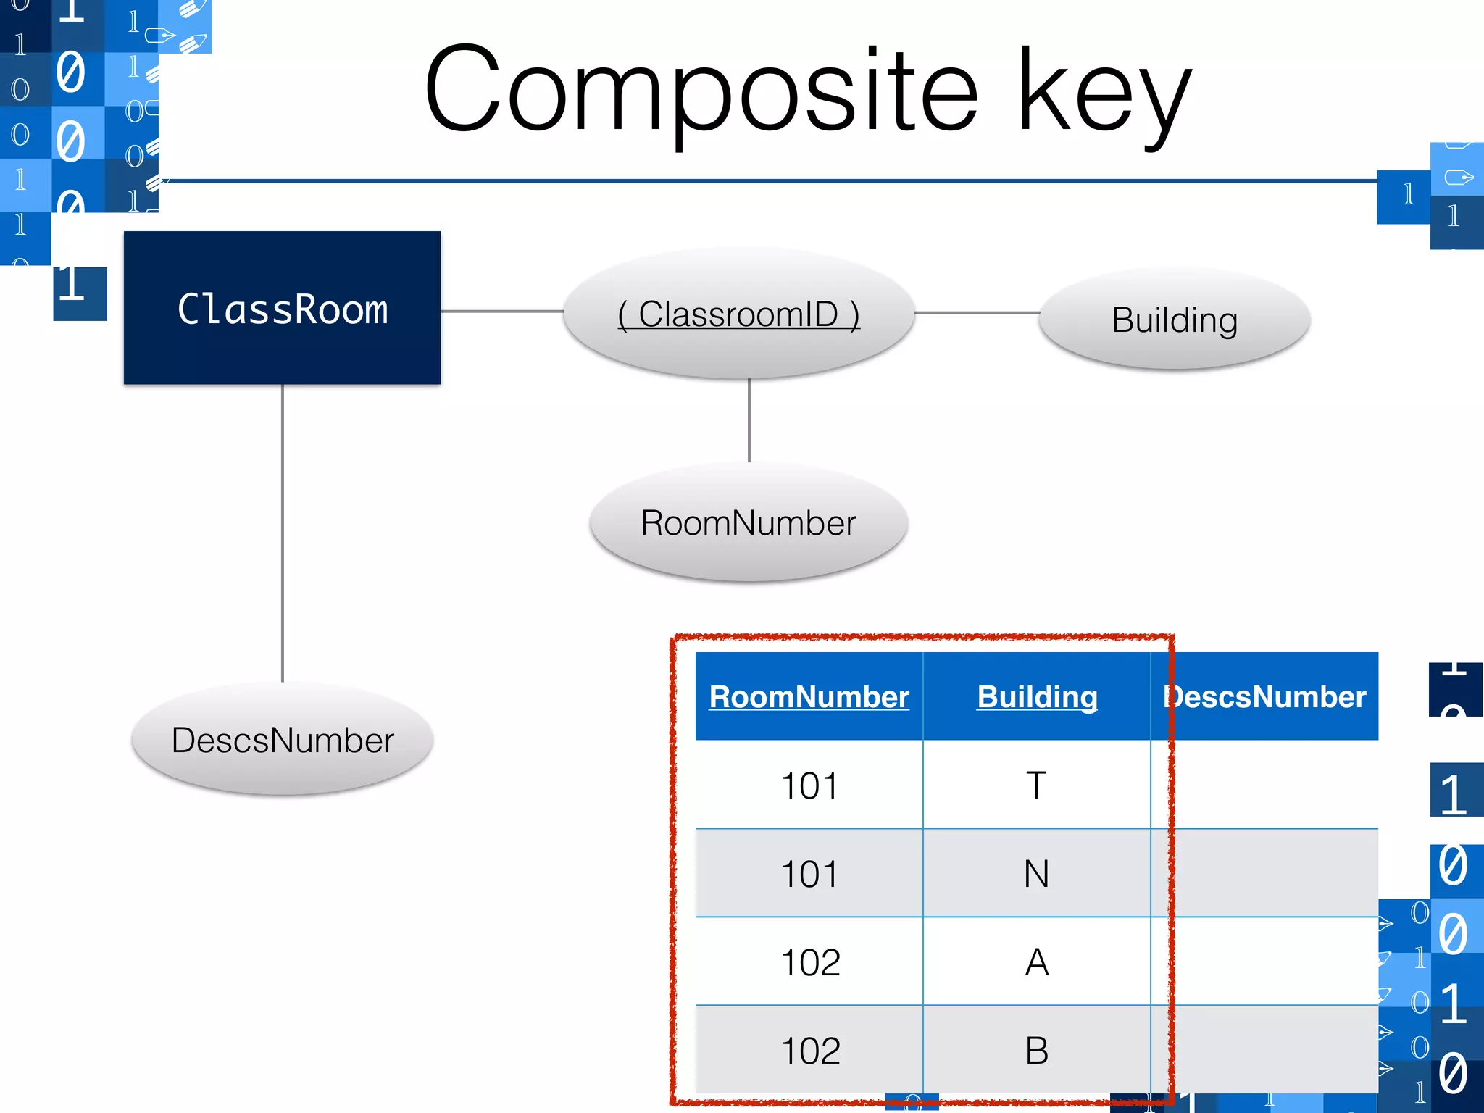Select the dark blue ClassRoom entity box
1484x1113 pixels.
(x=283, y=308)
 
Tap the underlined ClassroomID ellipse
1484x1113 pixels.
(x=738, y=314)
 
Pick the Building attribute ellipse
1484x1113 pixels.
(x=1175, y=320)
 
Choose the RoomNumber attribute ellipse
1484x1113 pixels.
(x=749, y=522)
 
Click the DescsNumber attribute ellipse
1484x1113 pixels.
(x=283, y=740)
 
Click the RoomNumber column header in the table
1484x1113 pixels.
(x=809, y=696)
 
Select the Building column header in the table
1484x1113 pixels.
(x=1037, y=696)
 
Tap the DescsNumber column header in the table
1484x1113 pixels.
(x=1265, y=696)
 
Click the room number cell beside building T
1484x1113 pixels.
(x=809, y=785)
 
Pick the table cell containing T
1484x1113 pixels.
(x=1037, y=785)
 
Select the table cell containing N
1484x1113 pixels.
(x=1037, y=874)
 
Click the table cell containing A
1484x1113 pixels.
(x=1037, y=962)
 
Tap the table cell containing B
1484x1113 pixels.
(x=1037, y=1051)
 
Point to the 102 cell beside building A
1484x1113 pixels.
(x=809, y=962)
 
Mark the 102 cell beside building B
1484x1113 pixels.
(x=809, y=1051)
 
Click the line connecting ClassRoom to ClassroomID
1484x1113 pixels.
(x=501, y=312)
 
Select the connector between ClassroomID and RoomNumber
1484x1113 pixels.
(x=749, y=420)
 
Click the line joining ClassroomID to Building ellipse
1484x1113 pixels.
(x=977, y=313)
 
